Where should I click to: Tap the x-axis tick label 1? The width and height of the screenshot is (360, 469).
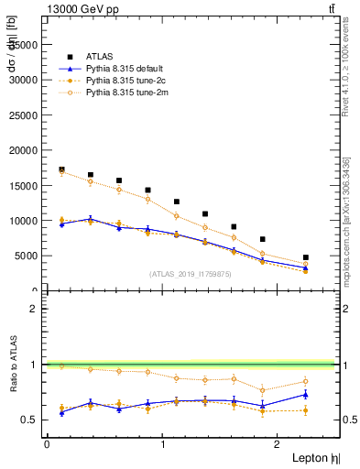click(x=163, y=443)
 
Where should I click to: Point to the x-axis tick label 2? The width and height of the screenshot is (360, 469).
click(x=279, y=443)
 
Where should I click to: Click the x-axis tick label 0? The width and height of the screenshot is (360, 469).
click(x=47, y=443)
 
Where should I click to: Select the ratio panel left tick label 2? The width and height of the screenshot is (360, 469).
click(x=35, y=309)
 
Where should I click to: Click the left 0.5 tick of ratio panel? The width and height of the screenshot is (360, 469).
click(x=31, y=420)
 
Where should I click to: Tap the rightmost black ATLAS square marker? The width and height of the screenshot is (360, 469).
click(x=305, y=257)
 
